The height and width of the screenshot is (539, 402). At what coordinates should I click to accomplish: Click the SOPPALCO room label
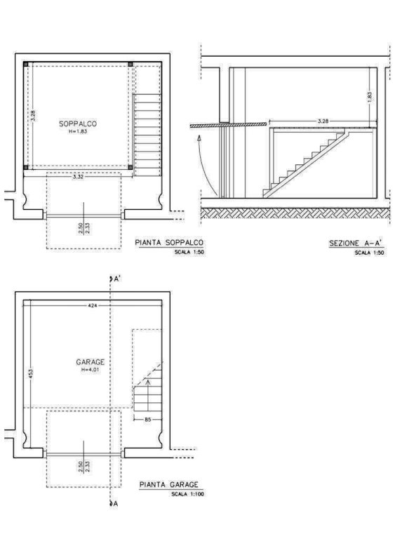[x=78, y=124]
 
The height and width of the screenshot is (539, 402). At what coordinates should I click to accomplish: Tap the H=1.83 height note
[x=78, y=131]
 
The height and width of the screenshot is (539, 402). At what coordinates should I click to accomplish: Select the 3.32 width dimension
[x=78, y=177]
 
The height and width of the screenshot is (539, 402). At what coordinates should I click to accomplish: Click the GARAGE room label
[x=90, y=362]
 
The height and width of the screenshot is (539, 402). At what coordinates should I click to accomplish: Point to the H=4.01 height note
[x=91, y=370]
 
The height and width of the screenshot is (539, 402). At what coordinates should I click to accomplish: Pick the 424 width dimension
[x=93, y=305]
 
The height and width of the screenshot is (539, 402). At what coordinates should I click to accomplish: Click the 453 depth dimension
[x=30, y=373]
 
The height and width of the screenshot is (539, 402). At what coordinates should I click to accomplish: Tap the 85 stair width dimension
[x=148, y=420]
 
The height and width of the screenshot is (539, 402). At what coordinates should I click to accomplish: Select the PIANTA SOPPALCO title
[x=169, y=243]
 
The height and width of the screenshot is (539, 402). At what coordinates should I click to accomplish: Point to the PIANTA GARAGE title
[x=168, y=484]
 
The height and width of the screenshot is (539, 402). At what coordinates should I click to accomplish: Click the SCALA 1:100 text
[x=187, y=494]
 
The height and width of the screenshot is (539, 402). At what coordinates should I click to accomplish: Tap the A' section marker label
[x=117, y=279]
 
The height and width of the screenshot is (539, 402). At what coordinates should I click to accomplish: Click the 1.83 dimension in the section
[x=370, y=97]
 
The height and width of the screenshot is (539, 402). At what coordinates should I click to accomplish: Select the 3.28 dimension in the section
[x=323, y=121]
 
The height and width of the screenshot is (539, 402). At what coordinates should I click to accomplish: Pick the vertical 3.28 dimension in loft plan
[x=33, y=116]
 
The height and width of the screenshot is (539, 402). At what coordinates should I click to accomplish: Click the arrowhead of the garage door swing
[x=199, y=138]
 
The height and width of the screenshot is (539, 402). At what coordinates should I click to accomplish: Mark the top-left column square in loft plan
[x=26, y=65]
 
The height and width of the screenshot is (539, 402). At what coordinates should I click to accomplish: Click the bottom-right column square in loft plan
[x=130, y=168]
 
